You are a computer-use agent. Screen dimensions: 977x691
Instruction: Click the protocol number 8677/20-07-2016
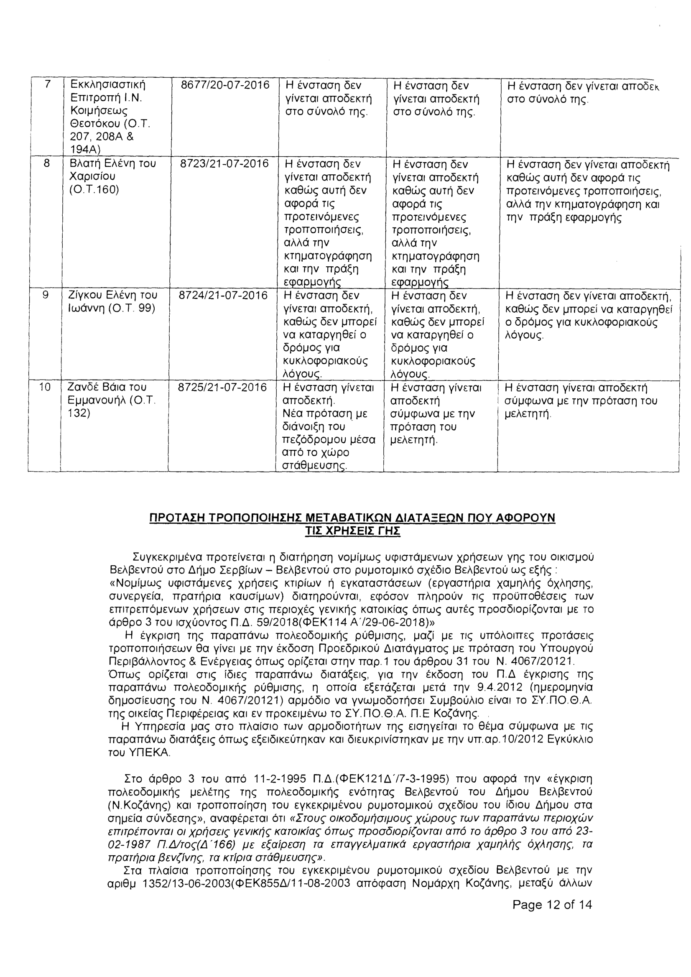tap(225, 85)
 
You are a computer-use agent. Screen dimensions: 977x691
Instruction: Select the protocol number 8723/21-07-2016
tap(224, 164)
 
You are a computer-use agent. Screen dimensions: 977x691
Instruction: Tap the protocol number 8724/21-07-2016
tap(223, 295)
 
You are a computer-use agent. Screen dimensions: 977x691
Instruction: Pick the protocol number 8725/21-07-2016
tap(222, 387)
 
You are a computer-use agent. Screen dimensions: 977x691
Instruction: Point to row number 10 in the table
tap(45, 387)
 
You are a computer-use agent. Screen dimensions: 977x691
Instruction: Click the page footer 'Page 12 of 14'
tap(552, 916)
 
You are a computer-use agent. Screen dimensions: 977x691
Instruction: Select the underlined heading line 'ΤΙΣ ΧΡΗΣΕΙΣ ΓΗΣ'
tap(353, 531)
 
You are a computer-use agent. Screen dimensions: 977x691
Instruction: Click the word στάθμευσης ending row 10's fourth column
tap(314, 466)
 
